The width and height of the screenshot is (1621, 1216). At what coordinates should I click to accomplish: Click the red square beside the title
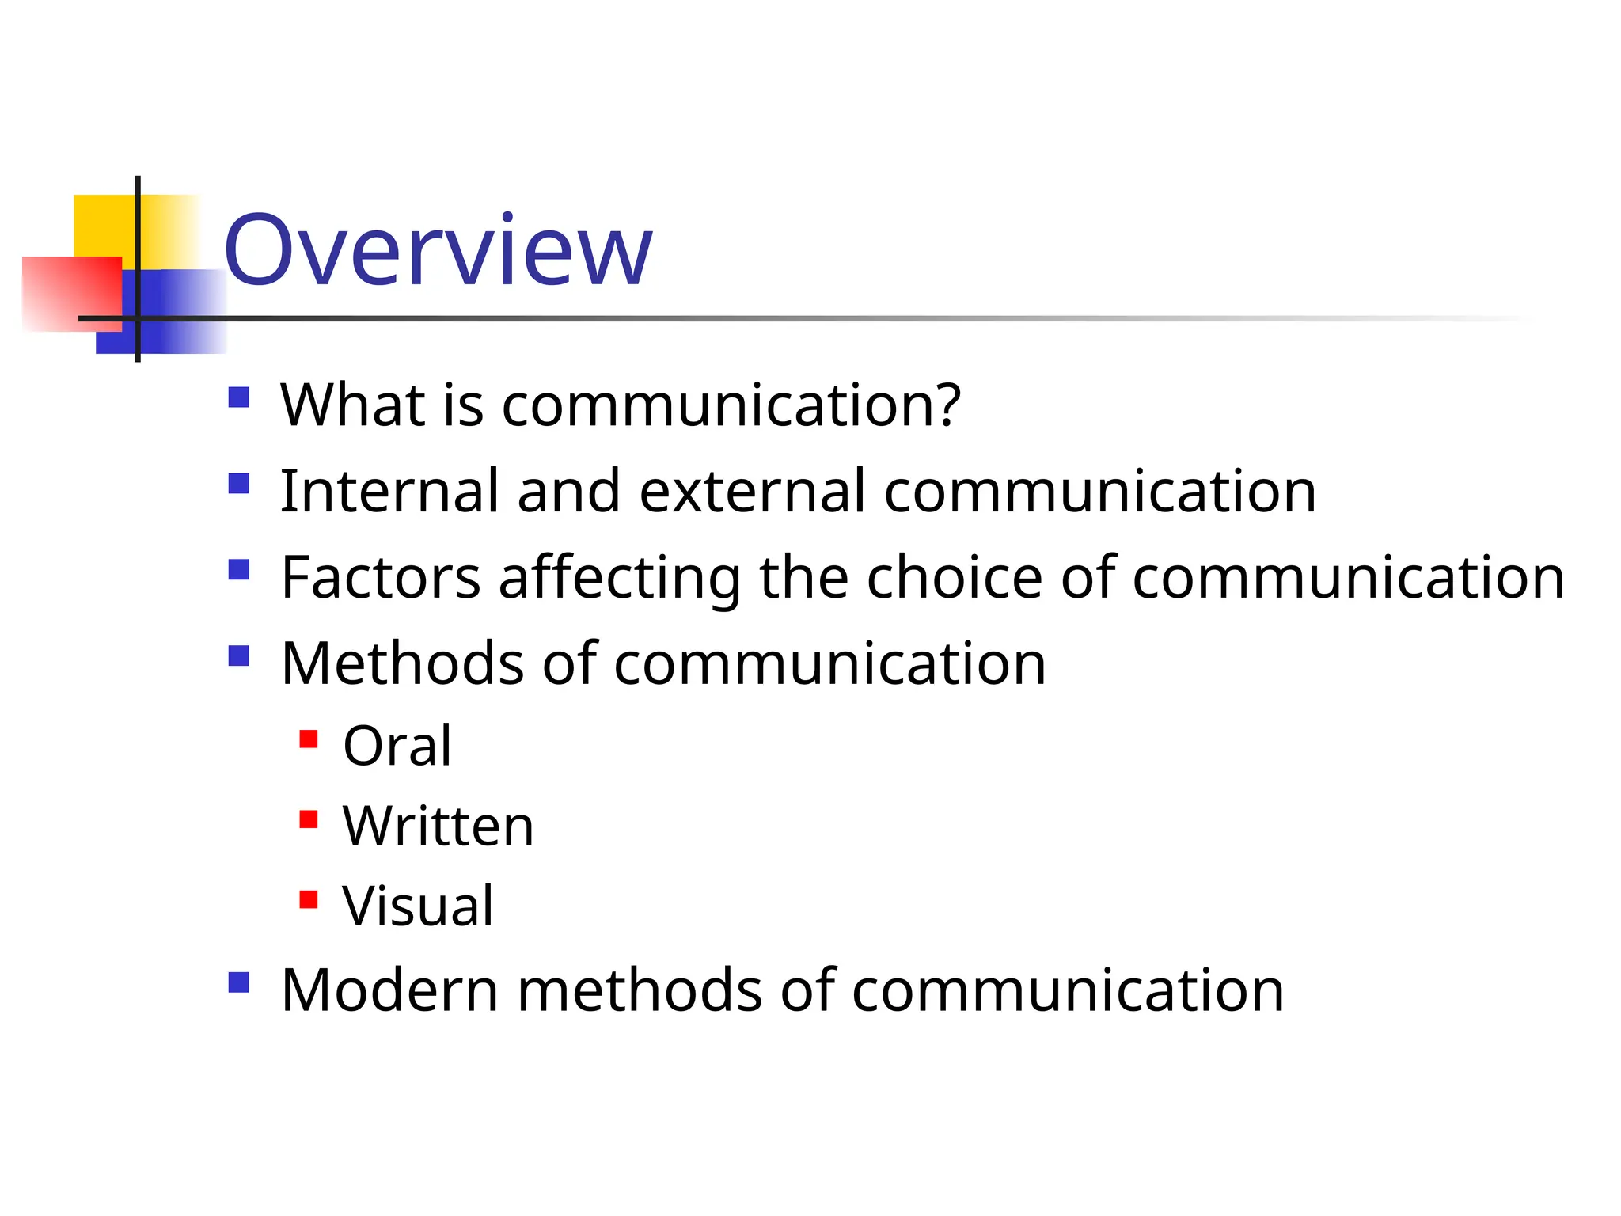pyautogui.click(x=71, y=293)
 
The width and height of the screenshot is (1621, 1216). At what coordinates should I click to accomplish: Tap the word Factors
pyautogui.click(x=381, y=578)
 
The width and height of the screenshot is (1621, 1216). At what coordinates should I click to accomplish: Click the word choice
pyautogui.click(x=955, y=578)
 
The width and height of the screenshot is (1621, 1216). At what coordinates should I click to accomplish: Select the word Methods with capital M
pyautogui.click(x=402, y=663)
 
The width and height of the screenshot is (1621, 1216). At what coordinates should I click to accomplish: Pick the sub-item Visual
pyautogui.click(x=418, y=906)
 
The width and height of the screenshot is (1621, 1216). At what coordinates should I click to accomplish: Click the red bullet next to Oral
pyautogui.click(x=309, y=739)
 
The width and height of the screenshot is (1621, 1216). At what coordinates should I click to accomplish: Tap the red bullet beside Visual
pyautogui.click(x=309, y=900)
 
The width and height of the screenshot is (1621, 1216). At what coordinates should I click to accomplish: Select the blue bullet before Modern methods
pyautogui.click(x=238, y=982)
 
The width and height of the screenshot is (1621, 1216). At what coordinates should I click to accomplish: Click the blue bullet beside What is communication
pyautogui.click(x=238, y=397)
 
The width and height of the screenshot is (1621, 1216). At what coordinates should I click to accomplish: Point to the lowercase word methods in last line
pyautogui.click(x=640, y=990)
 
